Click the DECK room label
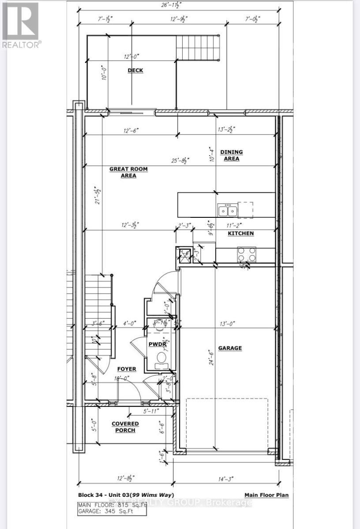[135, 71]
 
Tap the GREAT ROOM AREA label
[129, 172]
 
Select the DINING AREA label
[232, 155]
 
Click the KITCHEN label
[241, 233]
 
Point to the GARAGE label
[230, 348]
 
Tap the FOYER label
[126, 369]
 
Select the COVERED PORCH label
[125, 427]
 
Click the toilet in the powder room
[162, 357]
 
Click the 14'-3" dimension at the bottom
[226, 478]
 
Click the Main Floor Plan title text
[266, 495]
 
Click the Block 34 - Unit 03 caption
[129, 495]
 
